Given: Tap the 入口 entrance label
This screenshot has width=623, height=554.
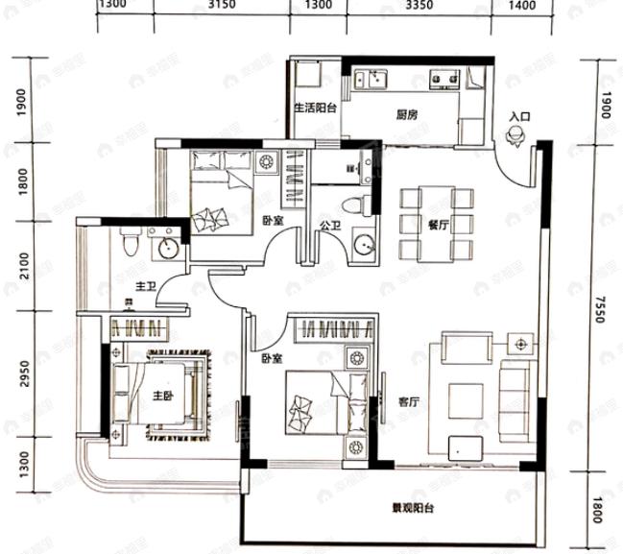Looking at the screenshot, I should (519, 117).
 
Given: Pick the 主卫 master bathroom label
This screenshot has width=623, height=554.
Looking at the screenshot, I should (146, 285).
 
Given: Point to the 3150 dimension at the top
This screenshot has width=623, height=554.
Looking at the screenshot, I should (222, 6).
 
